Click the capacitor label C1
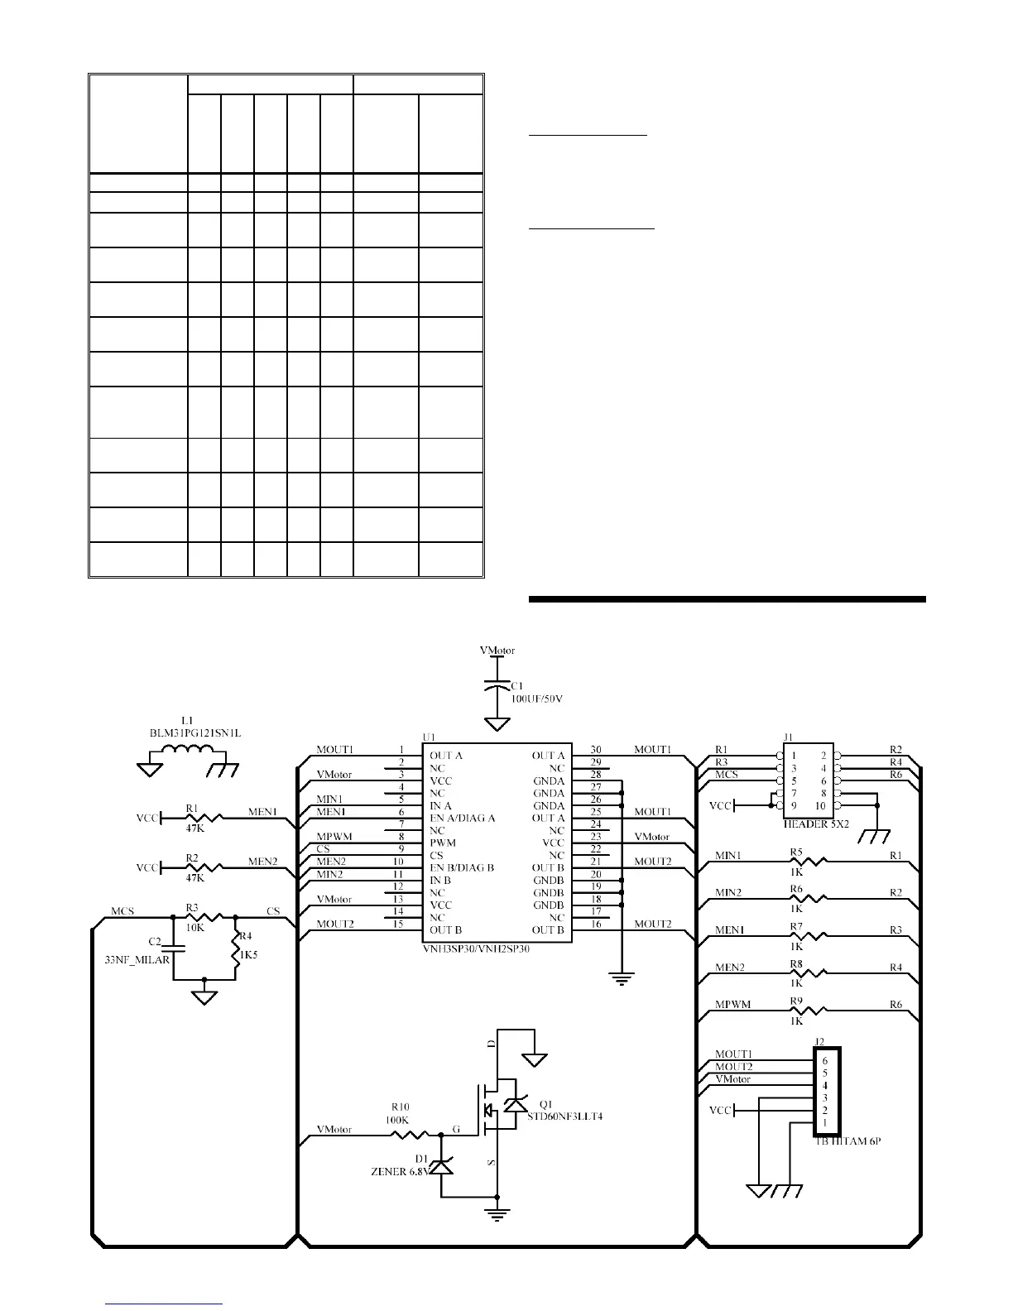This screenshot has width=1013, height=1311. click(517, 686)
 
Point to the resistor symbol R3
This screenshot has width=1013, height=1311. click(203, 917)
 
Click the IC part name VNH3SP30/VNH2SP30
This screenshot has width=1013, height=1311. click(476, 950)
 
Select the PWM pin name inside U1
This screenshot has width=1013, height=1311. click(442, 843)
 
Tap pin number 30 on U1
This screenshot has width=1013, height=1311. click(596, 749)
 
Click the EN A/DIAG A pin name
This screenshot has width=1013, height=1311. click(462, 818)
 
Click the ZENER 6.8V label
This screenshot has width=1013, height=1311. click(401, 1171)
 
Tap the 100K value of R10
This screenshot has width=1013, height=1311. click(397, 1120)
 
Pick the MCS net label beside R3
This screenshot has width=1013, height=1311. click(122, 911)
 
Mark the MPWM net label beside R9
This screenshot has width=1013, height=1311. click(732, 1005)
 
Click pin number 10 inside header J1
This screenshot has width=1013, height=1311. click(820, 805)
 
